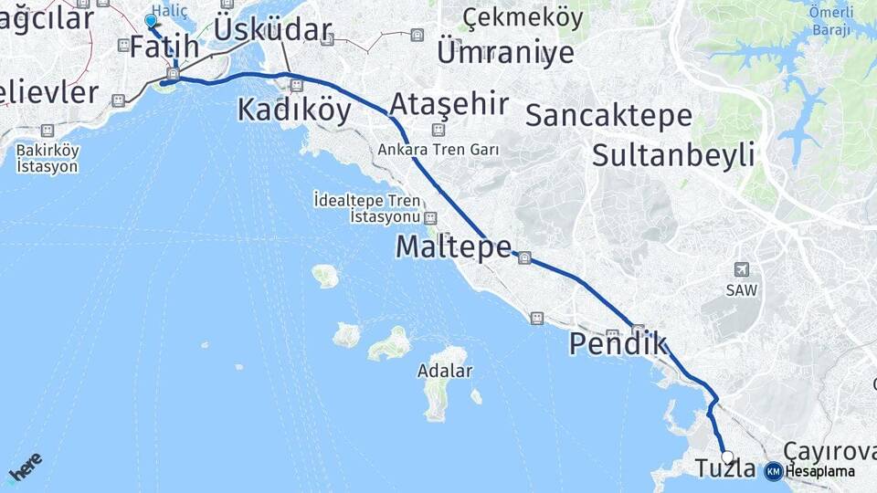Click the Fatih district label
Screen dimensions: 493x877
(164, 47)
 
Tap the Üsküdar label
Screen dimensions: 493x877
(272, 30)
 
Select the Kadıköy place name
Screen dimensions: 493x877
(293, 110)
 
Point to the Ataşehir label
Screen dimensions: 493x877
(449, 103)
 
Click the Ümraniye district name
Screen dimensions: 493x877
(505, 52)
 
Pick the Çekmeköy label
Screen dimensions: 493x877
(523, 17)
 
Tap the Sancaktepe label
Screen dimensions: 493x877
(608, 116)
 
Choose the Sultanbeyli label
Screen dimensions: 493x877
(673, 154)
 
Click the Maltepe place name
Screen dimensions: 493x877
(453, 246)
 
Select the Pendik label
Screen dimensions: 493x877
(618, 344)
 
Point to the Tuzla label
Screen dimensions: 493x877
(725, 469)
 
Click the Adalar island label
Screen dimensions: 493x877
(444, 372)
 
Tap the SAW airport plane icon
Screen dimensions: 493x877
(742, 269)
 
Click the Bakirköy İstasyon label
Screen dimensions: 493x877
(48, 158)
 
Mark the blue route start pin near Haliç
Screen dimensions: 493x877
(151, 20)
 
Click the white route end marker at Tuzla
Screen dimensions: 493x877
(727, 456)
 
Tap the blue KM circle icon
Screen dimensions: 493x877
(774, 471)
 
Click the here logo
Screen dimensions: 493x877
(24, 467)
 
